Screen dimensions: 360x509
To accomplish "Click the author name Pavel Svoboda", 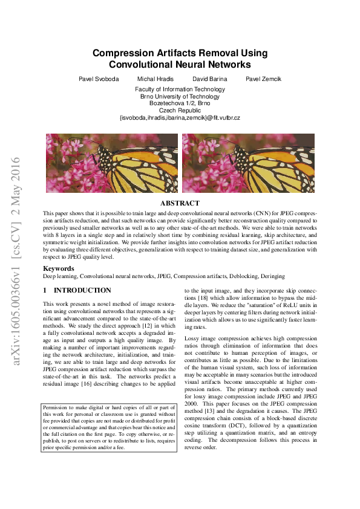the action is pos(99,79).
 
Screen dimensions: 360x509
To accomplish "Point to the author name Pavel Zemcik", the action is pos(263,79).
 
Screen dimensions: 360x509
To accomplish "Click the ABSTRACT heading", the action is pos(180,204).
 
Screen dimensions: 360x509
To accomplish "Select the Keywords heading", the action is pos(59,268).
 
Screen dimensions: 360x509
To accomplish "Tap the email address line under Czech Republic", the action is pos(180,117).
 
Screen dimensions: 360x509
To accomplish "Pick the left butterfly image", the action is pos(112,163).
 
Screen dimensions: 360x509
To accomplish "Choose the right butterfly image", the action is pos(248,163).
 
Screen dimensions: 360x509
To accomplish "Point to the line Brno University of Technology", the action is pos(180,96).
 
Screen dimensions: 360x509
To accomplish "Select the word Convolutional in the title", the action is pos(145,65).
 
